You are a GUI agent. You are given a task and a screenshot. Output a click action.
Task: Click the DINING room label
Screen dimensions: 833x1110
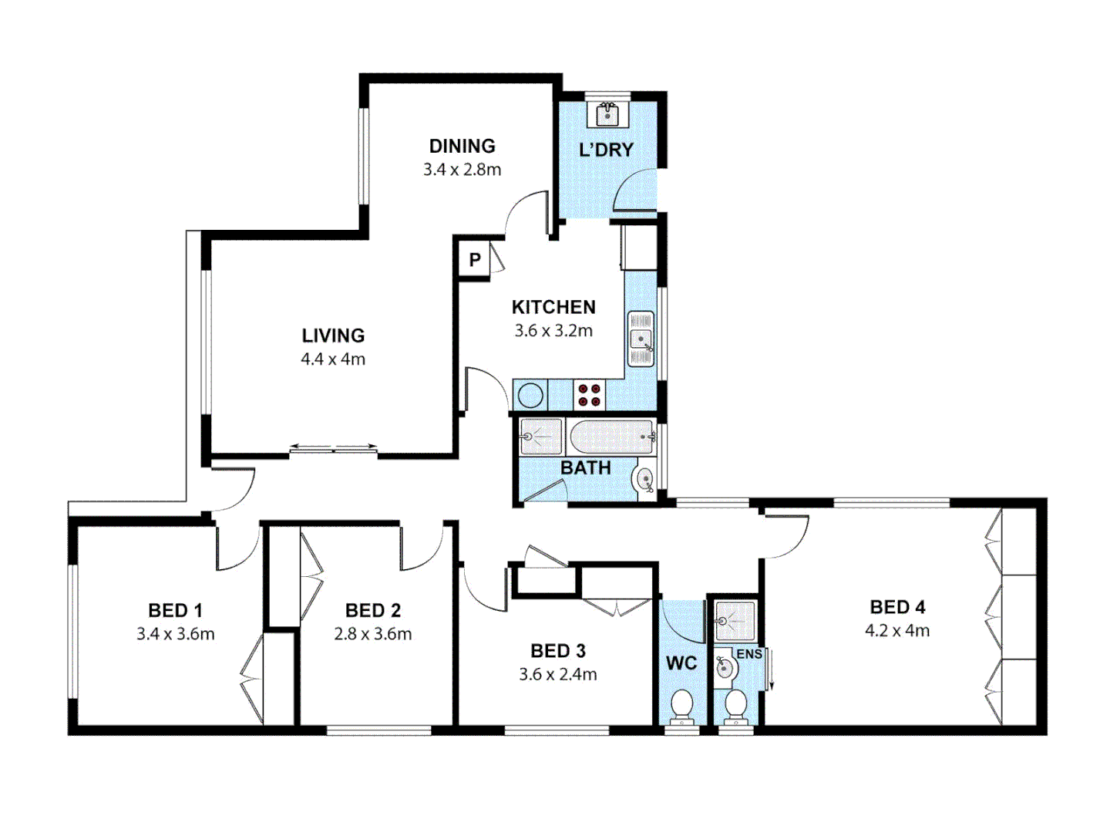462,146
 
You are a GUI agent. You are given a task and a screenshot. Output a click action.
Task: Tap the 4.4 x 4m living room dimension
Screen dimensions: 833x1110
333,359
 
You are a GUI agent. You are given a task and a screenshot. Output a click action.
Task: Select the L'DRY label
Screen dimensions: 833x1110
606,150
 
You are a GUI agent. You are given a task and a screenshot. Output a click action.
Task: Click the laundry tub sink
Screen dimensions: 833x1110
608,114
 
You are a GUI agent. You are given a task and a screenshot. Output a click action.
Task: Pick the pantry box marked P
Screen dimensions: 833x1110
475,260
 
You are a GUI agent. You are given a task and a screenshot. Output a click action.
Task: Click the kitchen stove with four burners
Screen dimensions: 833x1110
590,395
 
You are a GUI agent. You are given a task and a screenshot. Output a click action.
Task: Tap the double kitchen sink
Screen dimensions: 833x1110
641,338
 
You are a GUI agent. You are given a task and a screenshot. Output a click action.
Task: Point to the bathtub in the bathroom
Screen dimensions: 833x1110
611,437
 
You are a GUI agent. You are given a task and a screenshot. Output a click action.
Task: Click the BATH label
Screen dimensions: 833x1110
585,468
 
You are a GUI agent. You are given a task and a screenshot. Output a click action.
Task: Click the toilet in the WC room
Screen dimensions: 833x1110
681,705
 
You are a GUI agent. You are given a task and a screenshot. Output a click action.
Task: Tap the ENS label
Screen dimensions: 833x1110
748,654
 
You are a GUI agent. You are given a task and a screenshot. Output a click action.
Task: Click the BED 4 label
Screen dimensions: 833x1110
897,607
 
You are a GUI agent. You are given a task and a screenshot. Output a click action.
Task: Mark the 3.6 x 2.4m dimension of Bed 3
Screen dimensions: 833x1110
557,674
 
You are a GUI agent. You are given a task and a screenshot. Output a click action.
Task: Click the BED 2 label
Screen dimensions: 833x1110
373,610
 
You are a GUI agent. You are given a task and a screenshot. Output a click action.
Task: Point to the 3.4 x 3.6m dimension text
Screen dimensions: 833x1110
176,634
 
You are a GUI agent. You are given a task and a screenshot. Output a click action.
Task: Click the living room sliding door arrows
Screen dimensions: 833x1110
333,447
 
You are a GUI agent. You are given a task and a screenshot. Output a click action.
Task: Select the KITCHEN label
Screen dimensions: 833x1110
553,307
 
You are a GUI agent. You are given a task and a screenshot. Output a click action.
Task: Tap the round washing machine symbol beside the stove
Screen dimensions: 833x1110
530,396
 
